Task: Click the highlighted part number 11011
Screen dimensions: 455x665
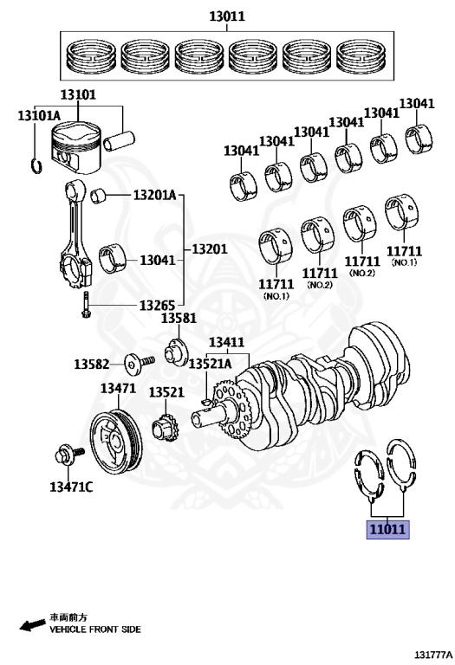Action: click(387, 529)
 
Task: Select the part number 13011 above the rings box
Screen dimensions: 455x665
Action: click(227, 16)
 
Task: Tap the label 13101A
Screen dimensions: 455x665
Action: click(39, 115)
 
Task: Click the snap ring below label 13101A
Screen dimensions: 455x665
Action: click(36, 165)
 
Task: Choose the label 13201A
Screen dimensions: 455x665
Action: click(154, 195)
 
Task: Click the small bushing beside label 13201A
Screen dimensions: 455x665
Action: click(98, 196)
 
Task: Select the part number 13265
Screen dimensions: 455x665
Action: click(158, 305)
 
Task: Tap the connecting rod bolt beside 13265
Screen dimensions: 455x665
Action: click(85, 305)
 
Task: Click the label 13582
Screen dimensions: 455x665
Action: click(92, 364)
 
